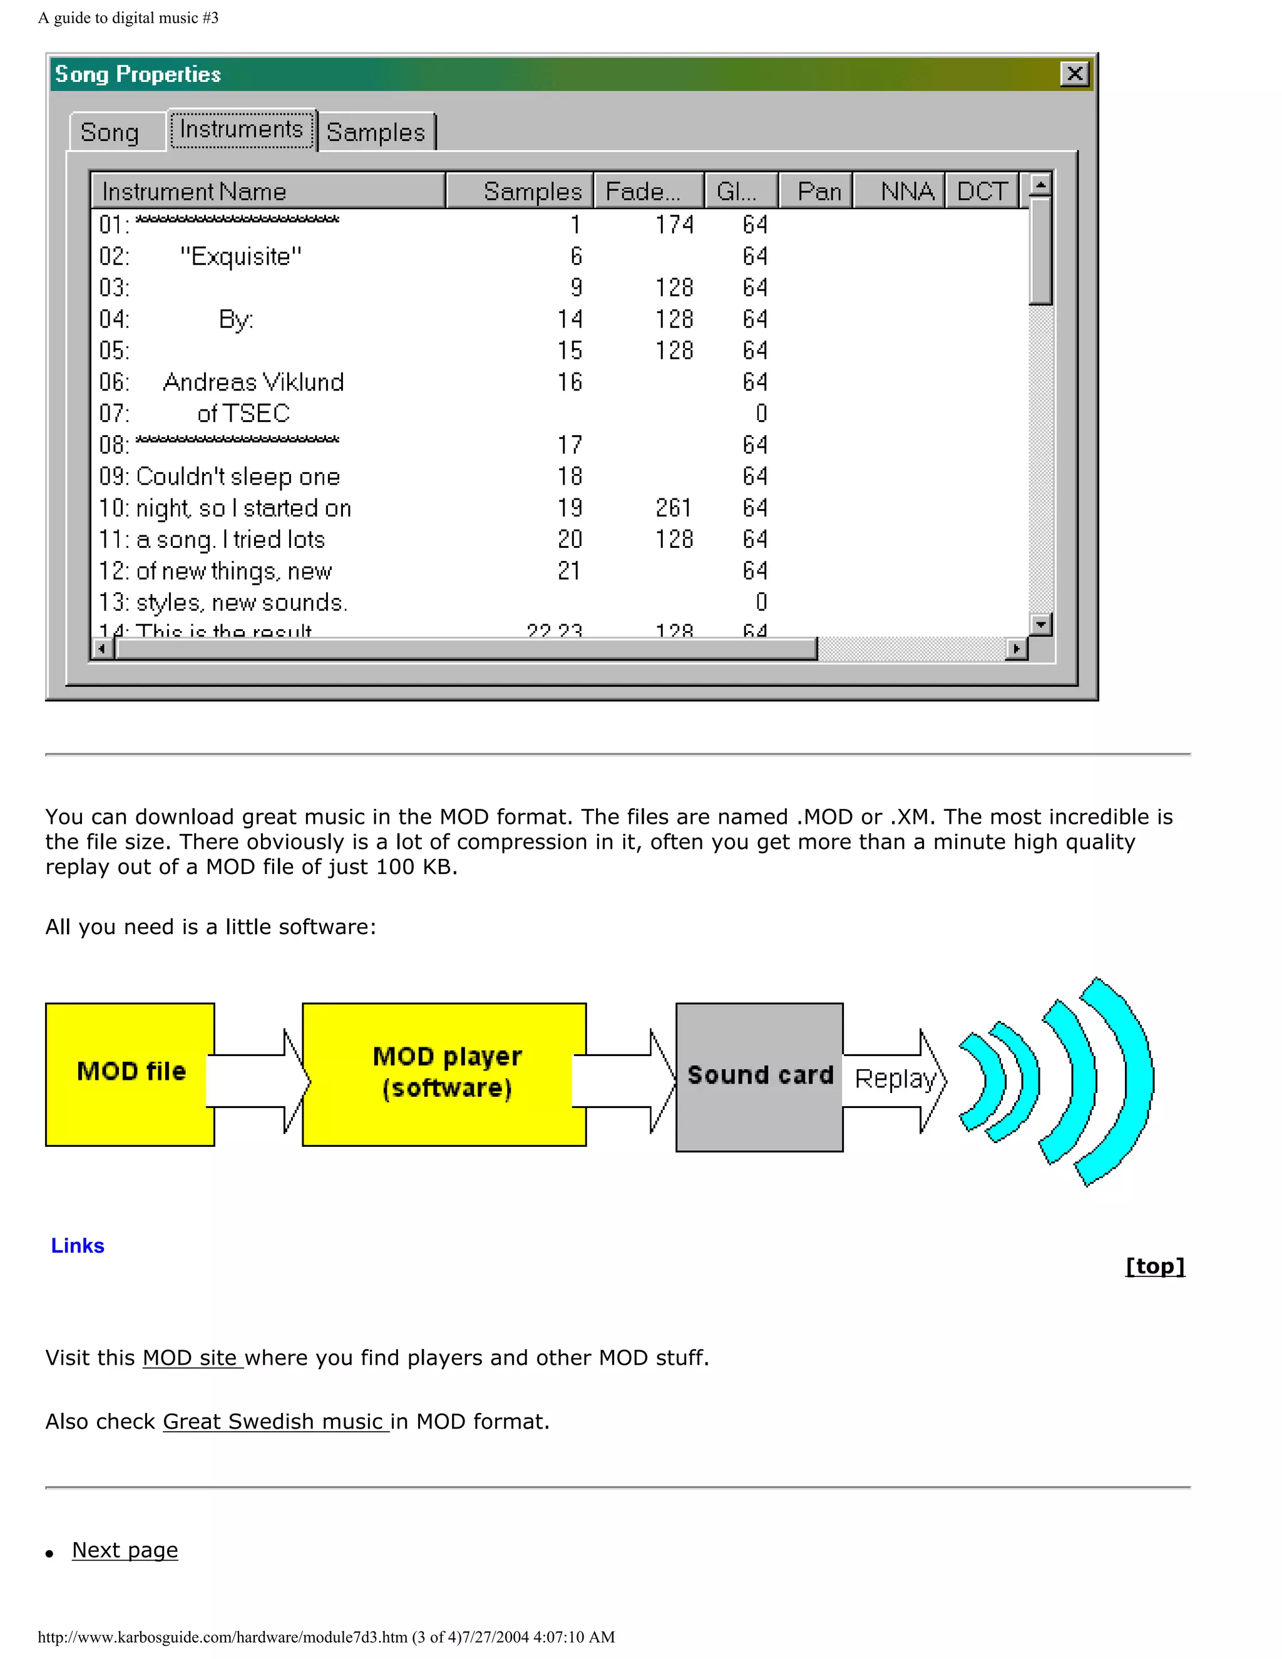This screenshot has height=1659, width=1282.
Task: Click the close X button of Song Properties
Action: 1074,74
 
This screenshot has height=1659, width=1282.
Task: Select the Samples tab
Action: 376,132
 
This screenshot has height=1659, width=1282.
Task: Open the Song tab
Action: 110,132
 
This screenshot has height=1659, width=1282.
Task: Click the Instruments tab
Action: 242,129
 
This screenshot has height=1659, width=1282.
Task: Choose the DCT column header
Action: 982,191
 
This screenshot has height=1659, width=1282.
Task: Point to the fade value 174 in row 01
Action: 674,225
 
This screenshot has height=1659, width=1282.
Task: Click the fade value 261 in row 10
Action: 674,508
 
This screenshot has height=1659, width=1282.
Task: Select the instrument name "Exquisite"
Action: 241,257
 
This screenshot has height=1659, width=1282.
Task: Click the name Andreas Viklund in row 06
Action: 254,382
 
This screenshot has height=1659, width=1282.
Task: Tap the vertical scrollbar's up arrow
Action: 1040,185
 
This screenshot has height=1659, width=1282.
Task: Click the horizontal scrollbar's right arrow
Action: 1016,649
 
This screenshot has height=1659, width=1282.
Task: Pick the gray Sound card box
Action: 759,1076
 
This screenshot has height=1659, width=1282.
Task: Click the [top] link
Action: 1154,1266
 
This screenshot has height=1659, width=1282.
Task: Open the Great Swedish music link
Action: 275,1421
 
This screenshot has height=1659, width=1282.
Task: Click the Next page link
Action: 125,1549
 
